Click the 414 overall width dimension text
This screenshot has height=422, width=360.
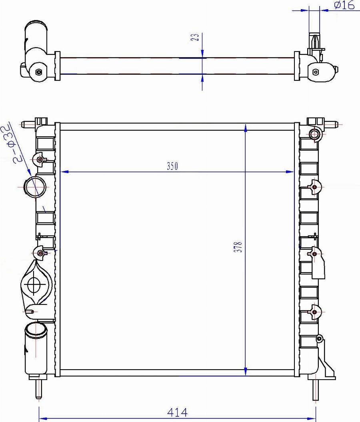[177, 412]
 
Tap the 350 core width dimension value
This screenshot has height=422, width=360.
[172, 166]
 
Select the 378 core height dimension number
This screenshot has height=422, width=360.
[238, 247]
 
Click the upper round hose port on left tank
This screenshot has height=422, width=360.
[35, 187]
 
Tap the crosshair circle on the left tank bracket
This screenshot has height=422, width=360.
[34, 284]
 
